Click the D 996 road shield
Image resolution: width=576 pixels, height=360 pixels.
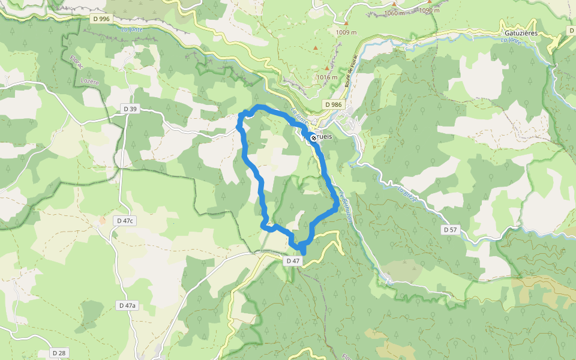click(101, 19)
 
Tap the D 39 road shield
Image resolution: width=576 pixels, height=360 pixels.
click(130, 109)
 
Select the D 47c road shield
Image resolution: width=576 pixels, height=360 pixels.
click(125, 221)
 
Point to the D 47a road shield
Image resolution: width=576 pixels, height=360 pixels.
click(127, 305)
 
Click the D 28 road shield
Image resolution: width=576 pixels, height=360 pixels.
click(58, 353)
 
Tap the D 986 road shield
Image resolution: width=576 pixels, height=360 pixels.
click(333, 104)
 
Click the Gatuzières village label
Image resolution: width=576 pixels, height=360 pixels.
click(521, 34)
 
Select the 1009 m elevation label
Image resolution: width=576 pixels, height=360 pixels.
click(346, 32)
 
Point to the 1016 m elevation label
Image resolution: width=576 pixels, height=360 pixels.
click(327, 77)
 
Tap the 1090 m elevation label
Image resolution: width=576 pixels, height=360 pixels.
click(430, 10)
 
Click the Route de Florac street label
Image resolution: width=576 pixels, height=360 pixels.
click(347, 73)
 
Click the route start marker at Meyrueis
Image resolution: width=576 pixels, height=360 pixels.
click(313, 137)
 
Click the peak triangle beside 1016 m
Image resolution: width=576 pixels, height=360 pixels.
click(327, 68)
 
